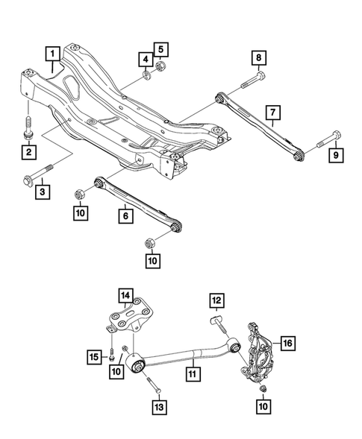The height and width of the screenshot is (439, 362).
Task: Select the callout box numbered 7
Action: [273, 113]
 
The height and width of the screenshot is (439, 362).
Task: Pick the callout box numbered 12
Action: [217, 300]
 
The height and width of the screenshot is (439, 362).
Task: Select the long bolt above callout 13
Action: [155, 382]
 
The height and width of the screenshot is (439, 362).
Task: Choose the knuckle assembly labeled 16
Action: [257, 349]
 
